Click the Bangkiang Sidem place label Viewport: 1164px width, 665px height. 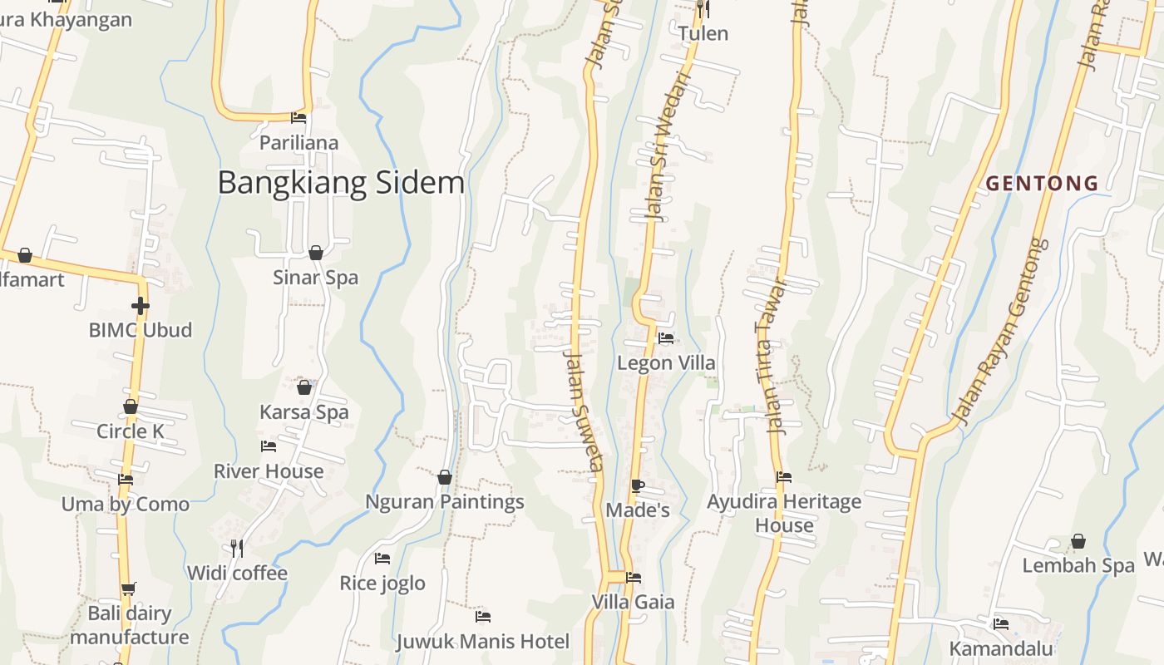341,183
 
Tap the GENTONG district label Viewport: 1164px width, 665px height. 1043,183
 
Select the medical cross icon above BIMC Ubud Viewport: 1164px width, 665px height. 141,306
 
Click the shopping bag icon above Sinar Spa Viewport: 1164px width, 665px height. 316,253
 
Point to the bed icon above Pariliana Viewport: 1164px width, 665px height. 298,118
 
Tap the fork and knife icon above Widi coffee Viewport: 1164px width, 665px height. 237,548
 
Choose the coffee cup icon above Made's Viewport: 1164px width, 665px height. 638,485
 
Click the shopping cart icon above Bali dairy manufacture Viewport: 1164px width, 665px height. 128,589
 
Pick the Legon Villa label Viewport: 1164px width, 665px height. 666,363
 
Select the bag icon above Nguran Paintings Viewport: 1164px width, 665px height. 445,477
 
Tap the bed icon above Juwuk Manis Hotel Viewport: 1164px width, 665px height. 482,617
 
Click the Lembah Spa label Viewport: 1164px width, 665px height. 1078,566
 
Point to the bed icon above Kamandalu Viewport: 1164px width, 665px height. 1001,623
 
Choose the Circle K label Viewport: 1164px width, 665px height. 131,431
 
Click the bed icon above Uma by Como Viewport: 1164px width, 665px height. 126,480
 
